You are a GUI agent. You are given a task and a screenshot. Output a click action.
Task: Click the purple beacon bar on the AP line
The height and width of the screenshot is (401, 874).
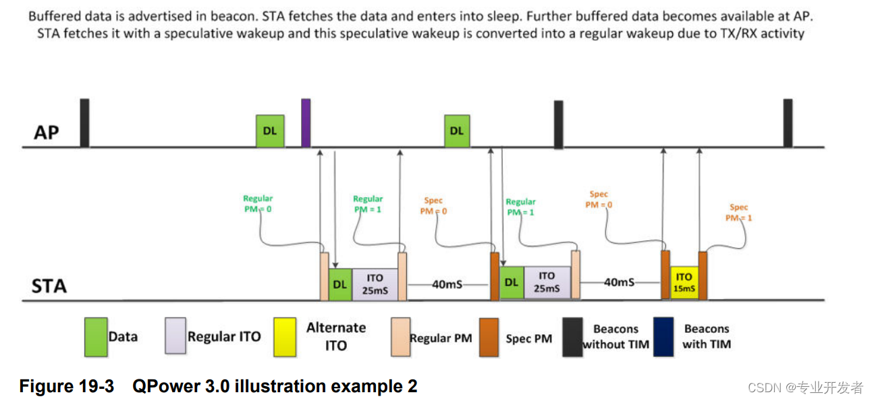[305, 122]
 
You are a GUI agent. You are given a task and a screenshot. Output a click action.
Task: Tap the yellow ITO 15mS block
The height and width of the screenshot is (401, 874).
[684, 282]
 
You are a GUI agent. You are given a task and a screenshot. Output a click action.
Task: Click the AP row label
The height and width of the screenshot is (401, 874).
[47, 132]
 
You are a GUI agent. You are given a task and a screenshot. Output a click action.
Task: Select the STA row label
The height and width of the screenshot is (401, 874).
[49, 286]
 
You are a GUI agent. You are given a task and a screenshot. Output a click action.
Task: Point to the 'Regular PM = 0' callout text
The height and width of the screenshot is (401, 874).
[258, 204]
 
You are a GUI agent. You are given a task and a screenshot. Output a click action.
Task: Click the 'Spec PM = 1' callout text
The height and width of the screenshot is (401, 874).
[739, 212]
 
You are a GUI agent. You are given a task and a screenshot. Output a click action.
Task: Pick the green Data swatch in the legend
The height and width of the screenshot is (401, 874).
[96, 337]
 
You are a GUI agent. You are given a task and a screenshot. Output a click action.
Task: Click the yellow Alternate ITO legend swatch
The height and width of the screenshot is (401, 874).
[286, 337]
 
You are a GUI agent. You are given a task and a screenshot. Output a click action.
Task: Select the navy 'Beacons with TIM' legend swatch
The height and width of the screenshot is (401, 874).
[663, 337]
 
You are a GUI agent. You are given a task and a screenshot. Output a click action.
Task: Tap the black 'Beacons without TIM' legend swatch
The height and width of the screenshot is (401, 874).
[572, 337]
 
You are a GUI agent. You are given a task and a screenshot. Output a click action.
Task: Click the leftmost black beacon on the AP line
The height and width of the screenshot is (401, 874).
[84, 122]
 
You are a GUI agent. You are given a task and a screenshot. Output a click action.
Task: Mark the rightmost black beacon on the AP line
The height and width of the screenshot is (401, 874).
[788, 123]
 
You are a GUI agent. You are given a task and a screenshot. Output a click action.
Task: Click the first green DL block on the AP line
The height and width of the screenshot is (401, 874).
[269, 131]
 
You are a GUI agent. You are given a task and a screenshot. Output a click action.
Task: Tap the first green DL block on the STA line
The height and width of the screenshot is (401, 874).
[339, 284]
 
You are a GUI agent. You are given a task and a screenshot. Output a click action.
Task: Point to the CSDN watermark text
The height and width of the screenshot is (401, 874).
[807, 387]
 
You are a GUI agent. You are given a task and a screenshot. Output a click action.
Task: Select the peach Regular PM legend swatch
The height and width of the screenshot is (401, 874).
[400, 337]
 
